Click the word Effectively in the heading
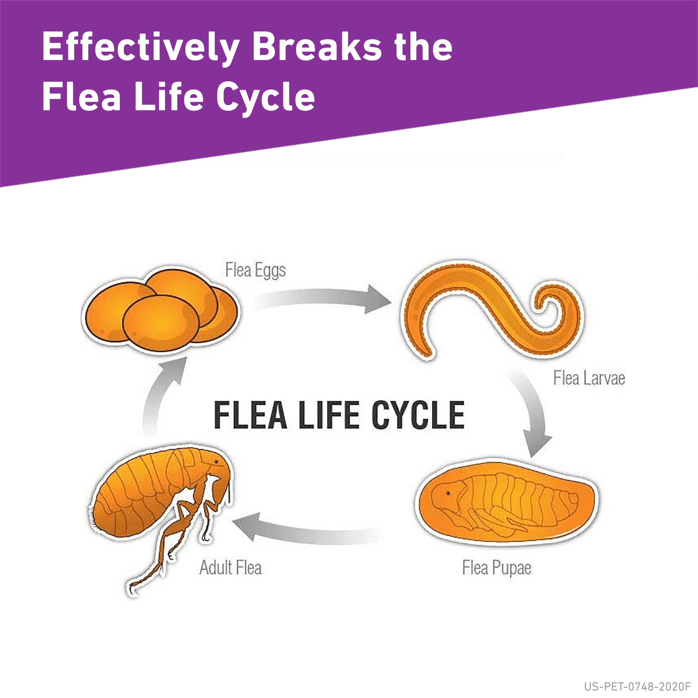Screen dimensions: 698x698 pos(140,47)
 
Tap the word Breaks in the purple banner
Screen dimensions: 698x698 pos(317,47)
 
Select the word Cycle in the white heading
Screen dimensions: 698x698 pos(266,97)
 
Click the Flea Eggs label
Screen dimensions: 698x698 pos(255,270)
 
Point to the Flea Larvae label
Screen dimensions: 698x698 pos(589,378)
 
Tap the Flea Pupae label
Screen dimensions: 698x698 pos(496,567)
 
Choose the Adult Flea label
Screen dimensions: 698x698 pos(230,567)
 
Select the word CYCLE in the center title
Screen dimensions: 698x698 pos(418,415)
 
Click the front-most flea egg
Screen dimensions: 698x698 pos(161,322)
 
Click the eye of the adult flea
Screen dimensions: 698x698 pos(216,462)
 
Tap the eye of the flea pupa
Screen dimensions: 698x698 pos(448,493)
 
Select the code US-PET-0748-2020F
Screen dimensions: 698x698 pos(637,686)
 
